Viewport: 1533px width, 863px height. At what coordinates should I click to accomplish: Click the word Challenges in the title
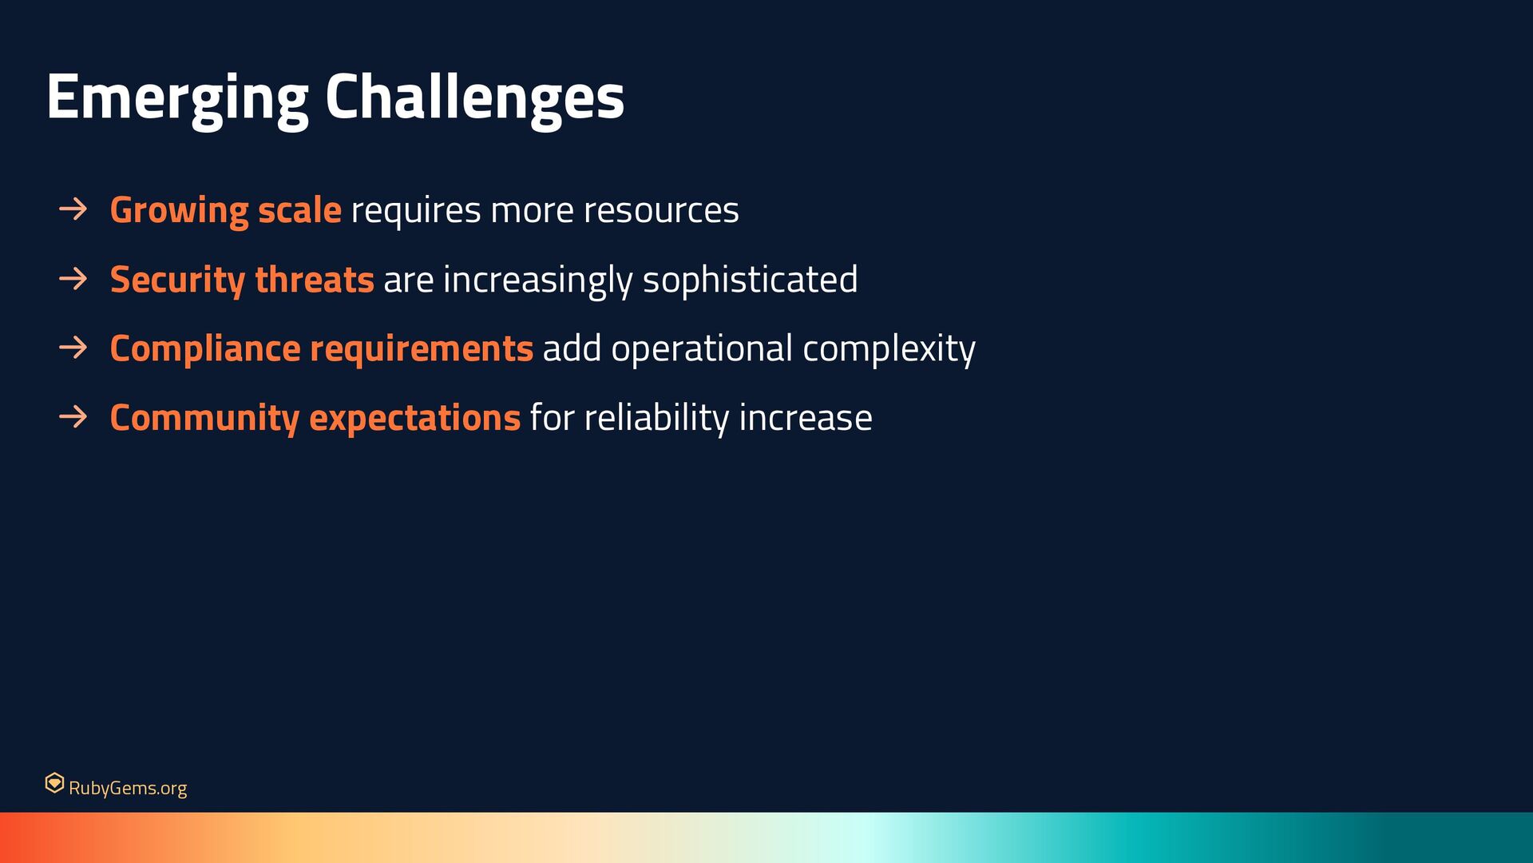click(474, 97)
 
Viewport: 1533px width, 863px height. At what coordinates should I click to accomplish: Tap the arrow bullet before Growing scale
click(73, 209)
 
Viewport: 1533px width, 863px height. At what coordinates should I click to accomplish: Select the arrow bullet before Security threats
click(73, 279)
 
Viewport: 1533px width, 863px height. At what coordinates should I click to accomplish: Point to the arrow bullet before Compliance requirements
click(73, 348)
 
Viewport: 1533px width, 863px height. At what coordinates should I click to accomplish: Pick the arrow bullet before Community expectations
click(73, 417)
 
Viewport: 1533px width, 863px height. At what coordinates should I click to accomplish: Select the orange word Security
click(177, 280)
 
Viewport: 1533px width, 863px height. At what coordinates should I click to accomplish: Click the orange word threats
click(315, 280)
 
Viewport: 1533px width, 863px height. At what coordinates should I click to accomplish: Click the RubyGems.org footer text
click(128, 789)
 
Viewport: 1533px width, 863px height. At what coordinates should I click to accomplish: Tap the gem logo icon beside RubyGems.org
click(54, 783)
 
